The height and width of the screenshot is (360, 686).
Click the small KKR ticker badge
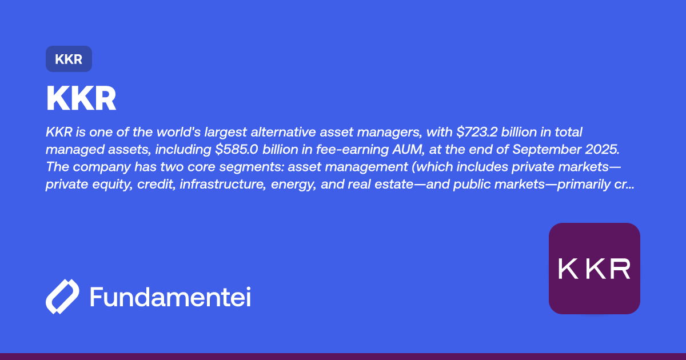(x=69, y=59)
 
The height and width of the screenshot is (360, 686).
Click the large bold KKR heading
(x=81, y=99)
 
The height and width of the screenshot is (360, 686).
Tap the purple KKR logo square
(x=594, y=268)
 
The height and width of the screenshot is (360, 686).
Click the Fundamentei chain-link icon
(x=62, y=297)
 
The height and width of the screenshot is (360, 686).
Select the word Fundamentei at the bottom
(x=170, y=297)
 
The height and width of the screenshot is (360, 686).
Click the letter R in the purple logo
(x=620, y=269)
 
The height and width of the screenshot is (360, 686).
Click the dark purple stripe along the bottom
(x=343, y=357)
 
